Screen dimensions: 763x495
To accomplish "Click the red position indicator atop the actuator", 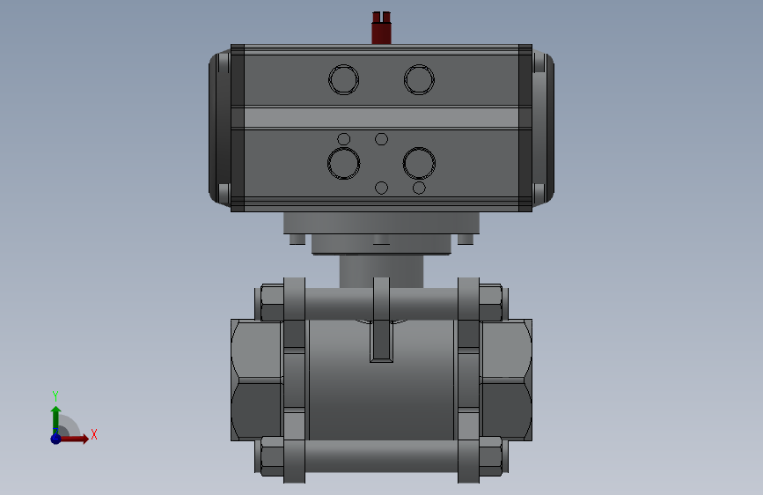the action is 382,28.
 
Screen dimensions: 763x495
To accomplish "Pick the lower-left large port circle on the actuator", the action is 343,149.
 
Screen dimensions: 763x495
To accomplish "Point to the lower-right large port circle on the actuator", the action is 419,149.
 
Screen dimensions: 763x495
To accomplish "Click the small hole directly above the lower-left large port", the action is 343,139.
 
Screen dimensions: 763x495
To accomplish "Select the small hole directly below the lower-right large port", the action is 419,188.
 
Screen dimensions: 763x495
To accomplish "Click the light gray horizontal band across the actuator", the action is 382,118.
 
